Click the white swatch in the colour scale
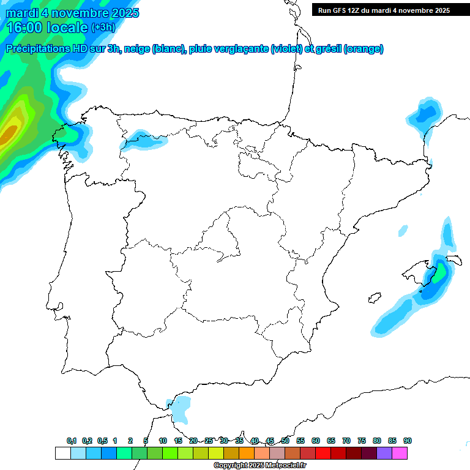(x=62, y=453)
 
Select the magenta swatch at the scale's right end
(x=400, y=453)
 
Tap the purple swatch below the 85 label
(x=384, y=453)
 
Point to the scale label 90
(x=408, y=441)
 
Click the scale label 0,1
(x=72, y=441)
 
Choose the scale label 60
(x=316, y=441)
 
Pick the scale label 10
(x=163, y=441)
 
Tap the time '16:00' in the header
(x=24, y=28)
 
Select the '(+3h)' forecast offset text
(x=103, y=28)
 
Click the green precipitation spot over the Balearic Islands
(x=439, y=270)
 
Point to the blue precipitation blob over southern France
(x=425, y=113)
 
